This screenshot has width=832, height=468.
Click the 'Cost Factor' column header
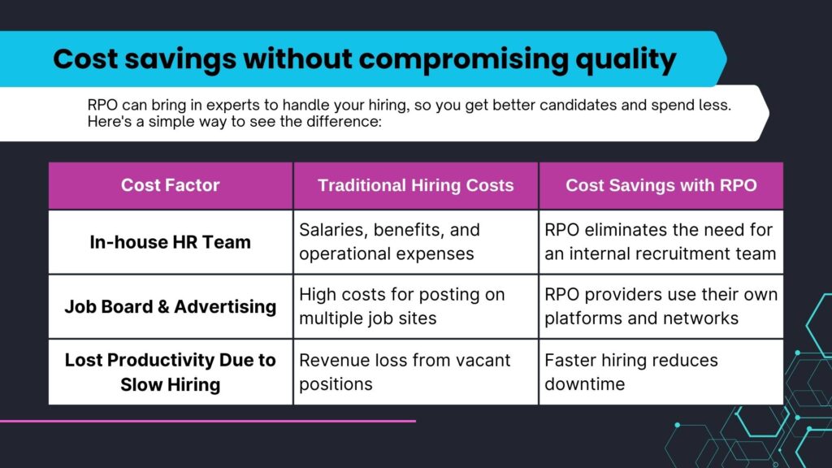tap(171, 185)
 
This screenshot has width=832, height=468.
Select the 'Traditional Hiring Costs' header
tap(415, 185)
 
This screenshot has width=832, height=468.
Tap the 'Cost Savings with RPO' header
tap(661, 185)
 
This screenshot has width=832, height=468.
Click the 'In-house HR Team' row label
tap(171, 242)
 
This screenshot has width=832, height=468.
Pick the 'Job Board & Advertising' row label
tap(171, 306)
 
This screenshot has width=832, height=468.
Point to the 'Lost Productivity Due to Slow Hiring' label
tap(171, 372)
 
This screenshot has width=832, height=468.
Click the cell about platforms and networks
tap(661, 306)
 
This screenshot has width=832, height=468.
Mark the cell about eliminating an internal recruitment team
tap(660, 241)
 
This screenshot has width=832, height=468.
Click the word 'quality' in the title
tap(626, 59)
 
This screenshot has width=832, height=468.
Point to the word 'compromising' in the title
tap(463, 59)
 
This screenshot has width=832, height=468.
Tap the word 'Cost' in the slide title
tap(85, 58)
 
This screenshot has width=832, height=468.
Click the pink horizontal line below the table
tap(208, 422)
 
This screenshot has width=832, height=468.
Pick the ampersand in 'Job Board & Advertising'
tap(163, 306)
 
